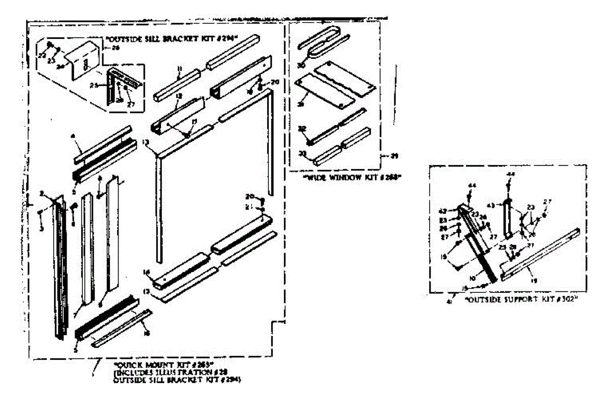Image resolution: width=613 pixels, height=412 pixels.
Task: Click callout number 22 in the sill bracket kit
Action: pyautogui.click(x=42, y=54)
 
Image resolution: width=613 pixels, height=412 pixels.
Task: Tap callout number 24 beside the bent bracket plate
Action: pyautogui.click(x=60, y=66)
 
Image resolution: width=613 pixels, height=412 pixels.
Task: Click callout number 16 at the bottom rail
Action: pyautogui.click(x=147, y=273)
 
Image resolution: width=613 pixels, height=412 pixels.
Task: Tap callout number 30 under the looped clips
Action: pyautogui.click(x=301, y=65)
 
